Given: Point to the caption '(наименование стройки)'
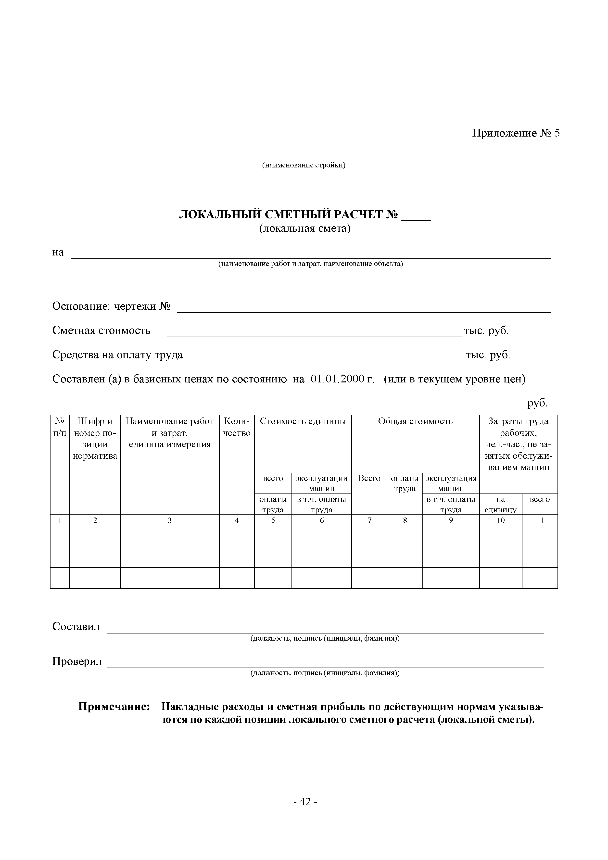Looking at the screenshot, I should pos(304,165).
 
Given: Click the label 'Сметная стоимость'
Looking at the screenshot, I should pos(101,330).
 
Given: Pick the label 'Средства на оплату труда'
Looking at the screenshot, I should pos(117,355).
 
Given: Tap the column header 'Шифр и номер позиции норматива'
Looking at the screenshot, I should pos(95,438).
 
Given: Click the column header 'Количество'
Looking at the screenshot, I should pos(237,427).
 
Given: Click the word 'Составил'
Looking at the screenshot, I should pos(76,626).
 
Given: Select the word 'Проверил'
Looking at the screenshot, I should pos(77,661).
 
